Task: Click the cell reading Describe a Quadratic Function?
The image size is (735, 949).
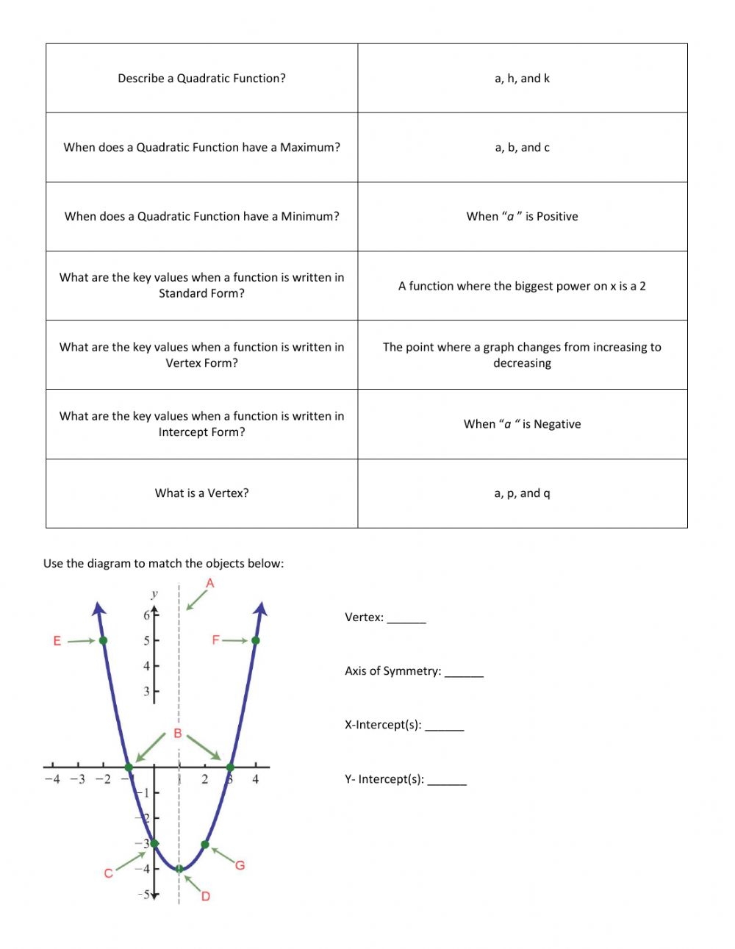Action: (201, 79)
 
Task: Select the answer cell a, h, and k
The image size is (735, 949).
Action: (522, 79)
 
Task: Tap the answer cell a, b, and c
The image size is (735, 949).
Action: (522, 148)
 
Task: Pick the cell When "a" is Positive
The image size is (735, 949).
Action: (522, 217)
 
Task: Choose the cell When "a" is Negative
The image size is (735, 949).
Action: (522, 424)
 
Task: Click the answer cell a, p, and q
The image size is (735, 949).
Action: (522, 493)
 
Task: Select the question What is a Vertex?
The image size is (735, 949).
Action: (201, 493)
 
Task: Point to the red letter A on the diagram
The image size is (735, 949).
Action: (210, 584)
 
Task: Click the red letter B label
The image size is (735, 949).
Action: (178, 734)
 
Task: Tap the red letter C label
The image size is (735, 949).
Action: (109, 873)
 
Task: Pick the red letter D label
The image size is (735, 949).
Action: (206, 896)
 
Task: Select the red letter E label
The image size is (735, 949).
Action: (57, 641)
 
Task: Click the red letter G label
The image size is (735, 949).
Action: (240, 865)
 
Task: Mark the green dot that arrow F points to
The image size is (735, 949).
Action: (256, 640)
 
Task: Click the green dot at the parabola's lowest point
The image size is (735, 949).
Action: (179, 868)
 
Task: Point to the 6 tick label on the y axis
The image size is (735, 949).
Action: (146, 615)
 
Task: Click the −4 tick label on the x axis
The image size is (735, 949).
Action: (52, 779)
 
